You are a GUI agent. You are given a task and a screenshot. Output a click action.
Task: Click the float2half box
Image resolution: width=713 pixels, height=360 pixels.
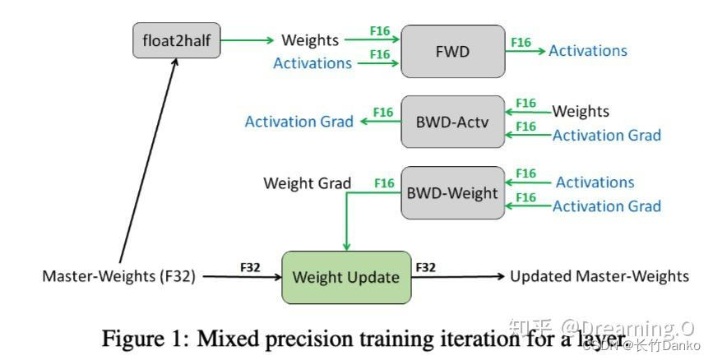tap(177, 39)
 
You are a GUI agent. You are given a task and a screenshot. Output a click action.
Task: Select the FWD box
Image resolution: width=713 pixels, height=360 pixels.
tap(452, 51)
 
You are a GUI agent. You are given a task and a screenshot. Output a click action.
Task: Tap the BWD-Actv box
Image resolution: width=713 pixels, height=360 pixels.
tap(452, 122)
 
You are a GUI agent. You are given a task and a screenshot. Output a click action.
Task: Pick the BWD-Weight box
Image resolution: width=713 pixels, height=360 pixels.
tap(452, 193)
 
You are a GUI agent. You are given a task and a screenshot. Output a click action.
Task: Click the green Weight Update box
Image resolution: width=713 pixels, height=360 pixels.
tap(346, 277)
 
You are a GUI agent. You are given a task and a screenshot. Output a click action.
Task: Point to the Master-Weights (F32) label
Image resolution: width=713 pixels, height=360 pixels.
tap(119, 277)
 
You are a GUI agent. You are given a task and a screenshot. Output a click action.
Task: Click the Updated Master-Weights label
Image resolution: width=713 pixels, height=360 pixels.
tap(599, 276)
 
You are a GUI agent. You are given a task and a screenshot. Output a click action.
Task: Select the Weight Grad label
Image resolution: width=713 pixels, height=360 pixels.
tap(307, 182)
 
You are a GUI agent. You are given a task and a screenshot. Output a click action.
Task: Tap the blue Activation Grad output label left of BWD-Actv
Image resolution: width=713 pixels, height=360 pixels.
tap(299, 122)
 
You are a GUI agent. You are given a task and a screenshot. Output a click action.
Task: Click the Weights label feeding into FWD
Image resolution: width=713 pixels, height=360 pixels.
tap(309, 39)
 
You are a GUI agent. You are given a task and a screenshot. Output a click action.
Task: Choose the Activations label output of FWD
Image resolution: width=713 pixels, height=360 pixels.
tap(588, 51)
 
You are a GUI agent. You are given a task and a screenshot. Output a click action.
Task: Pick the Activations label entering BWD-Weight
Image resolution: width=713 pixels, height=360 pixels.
tap(595, 182)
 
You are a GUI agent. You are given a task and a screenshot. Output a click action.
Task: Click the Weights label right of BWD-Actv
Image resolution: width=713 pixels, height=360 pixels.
tap(581, 111)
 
